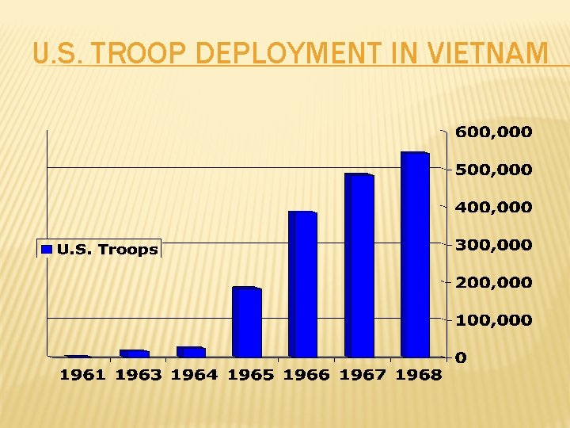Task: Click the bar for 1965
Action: coord(247,323)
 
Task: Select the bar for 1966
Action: coord(303,285)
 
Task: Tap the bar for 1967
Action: coord(359,266)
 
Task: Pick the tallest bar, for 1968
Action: coord(416,254)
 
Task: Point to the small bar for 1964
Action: coord(191,351)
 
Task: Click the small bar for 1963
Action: coord(135,353)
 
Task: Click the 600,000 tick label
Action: coord(493,132)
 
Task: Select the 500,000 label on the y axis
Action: coord(493,170)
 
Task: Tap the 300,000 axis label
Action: coord(493,245)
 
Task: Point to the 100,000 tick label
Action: coord(493,319)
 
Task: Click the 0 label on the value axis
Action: coord(461,357)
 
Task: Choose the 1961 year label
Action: coord(82,376)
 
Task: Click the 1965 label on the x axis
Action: coord(250,376)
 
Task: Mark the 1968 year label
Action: coord(418,376)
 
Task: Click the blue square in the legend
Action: coord(47,250)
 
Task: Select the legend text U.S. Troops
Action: coord(107,250)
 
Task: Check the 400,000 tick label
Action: coord(493,207)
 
